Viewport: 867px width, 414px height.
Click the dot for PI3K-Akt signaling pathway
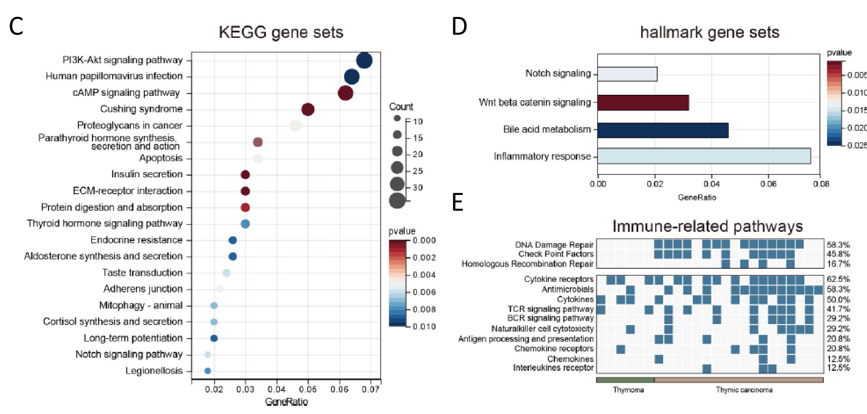tap(364, 61)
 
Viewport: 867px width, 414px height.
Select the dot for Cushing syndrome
tap(308, 109)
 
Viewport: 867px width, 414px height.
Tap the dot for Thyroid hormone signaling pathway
tap(245, 224)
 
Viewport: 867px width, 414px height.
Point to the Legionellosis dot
tap(208, 371)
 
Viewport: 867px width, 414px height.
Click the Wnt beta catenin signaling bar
tap(643, 103)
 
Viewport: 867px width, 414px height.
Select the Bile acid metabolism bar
tap(663, 130)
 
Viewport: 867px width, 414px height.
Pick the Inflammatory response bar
tap(704, 156)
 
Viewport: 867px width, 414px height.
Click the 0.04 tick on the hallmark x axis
tap(711, 184)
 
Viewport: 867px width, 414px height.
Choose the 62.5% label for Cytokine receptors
tap(838, 279)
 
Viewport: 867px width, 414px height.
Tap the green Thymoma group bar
tap(625, 380)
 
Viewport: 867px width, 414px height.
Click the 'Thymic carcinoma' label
tap(744, 390)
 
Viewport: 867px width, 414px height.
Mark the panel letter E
tap(458, 203)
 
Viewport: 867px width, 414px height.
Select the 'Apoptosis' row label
tap(161, 158)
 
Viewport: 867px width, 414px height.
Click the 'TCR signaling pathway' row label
tap(551, 309)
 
